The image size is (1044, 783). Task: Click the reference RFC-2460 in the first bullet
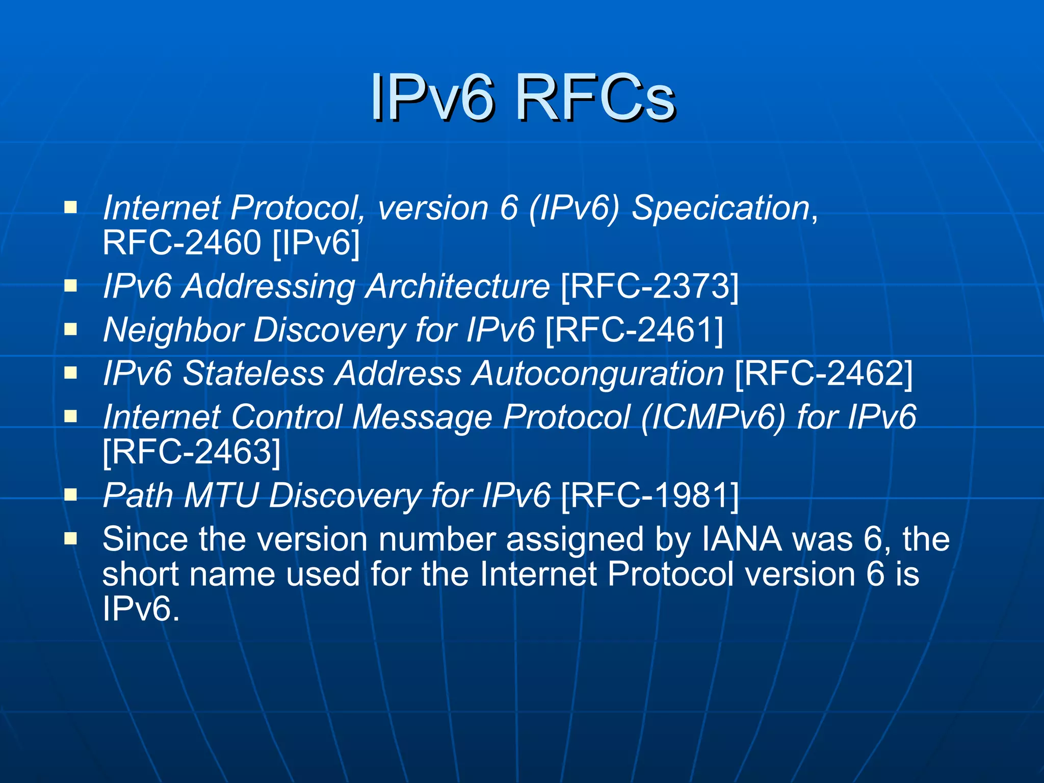[x=181, y=243]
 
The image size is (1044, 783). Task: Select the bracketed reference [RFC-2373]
[x=649, y=286]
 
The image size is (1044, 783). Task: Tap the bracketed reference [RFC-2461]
[x=634, y=330]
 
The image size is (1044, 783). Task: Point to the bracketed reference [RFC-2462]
[x=824, y=374]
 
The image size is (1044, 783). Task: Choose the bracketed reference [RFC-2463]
[x=192, y=452]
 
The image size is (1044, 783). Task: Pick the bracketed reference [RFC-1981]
[x=649, y=495]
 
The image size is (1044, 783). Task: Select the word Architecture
[x=458, y=286]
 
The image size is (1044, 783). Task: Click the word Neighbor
[x=173, y=330]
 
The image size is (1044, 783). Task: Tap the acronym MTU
[x=221, y=495]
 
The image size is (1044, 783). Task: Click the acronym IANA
[x=742, y=539]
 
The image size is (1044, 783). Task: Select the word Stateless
[x=253, y=374]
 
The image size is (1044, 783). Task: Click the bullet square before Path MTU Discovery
[x=70, y=494]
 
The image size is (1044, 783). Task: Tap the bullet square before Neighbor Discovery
[x=70, y=329]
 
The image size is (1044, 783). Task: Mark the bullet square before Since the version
[x=70, y=538]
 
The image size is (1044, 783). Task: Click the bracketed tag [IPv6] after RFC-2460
[x=316, y=243]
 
